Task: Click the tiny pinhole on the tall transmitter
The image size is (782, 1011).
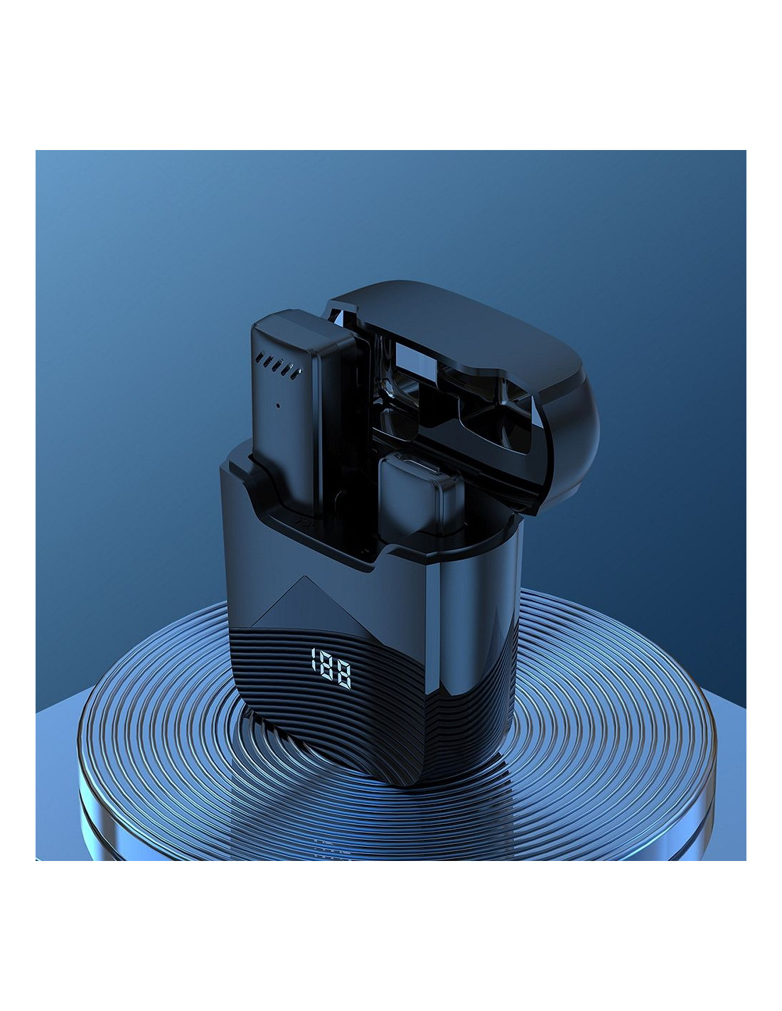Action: point(278,405)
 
